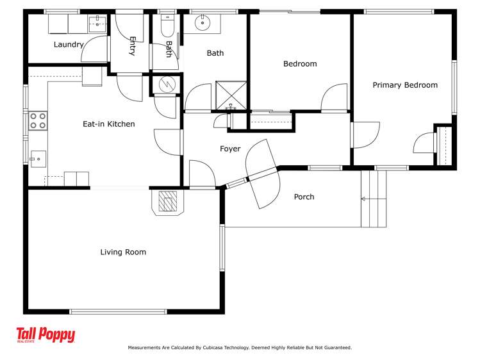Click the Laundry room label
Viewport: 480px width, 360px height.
click(x=69, y=45)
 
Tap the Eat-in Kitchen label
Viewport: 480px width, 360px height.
click(x=109, y=124)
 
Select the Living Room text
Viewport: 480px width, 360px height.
click(x=123, y=252)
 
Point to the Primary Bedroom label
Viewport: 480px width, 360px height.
click(x=405, y=85)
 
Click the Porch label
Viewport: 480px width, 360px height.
click(x=304, y=197)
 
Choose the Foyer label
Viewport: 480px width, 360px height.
click(x=230, y=149)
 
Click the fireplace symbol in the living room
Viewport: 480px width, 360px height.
click(x=169, y=202)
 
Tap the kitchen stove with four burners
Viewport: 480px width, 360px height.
click(x=38, y=120)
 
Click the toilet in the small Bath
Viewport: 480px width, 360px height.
click(x=167, y=26)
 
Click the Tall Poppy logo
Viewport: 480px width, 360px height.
click(x=46, y=336)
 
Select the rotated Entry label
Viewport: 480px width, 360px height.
click(x=132, y=45)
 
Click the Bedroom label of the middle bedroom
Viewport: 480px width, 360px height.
click(x=300, y=64)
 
